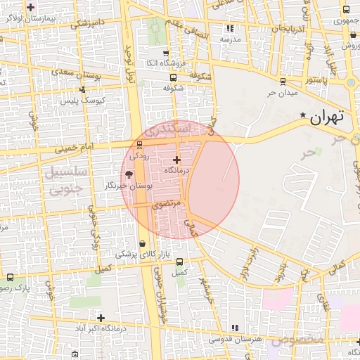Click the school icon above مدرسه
click(x=230, y=29)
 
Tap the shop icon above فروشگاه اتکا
click(x=165, y=53)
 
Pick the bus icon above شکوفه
click(x=174, y=77)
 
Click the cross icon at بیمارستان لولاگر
click(x=30, y=8)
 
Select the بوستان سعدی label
click(x=96, y=73)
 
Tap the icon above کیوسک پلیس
click(x=83, y=89)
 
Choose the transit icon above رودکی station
click(x=139, y=145)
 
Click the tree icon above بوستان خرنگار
click(x=129, y=174)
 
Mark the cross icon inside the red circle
click(x=176, y=160)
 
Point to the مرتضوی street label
click(x=167, y=204)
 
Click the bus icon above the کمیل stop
click(x=180, y=262)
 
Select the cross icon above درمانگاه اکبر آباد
click(x=101, y=318)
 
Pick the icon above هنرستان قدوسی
click(x=234, y=328)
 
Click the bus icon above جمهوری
click(x=346, y=10)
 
